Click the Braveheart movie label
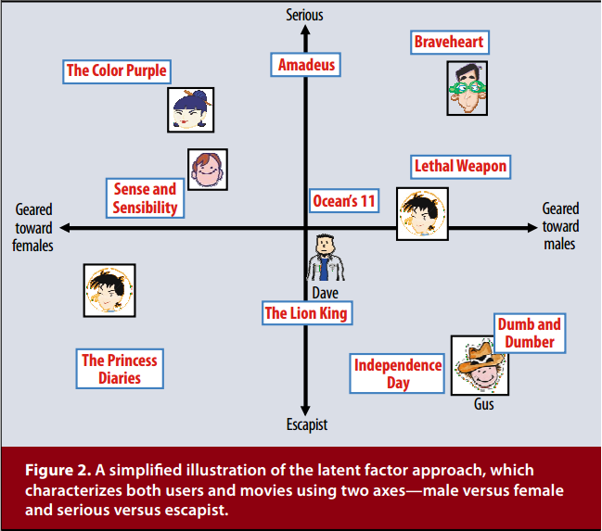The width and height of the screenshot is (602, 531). [449, 42]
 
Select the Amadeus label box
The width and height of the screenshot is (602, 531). [306, 65]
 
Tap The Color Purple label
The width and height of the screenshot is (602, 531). [117, 71]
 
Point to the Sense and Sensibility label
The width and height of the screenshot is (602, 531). [145, 198]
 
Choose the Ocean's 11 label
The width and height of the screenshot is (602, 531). [343, 200]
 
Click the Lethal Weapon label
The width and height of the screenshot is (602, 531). [460, 167]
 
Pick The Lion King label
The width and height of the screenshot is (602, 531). [306, 313]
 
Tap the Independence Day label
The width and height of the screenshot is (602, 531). [398, 373]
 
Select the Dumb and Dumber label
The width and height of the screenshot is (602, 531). [530, 333]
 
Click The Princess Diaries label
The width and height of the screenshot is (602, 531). [120, 369]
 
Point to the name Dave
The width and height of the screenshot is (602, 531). [325, 292]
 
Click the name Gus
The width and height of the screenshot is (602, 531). [483, 405]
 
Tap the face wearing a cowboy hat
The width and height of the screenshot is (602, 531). [480, 365]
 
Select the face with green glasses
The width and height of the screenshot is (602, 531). [467, 88]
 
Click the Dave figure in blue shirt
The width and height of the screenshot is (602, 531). [326, 258]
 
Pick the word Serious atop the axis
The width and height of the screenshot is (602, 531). [305, 15]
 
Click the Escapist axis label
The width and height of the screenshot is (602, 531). [305, 425]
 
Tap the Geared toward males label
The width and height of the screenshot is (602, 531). [560, 226]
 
